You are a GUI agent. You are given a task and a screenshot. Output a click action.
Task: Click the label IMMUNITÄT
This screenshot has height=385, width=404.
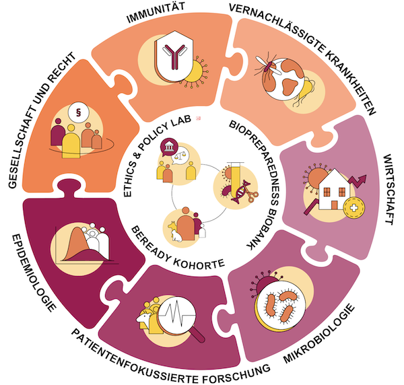(156, 12)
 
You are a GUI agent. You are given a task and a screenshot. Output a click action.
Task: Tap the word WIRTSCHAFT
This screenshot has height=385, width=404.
(389, 190)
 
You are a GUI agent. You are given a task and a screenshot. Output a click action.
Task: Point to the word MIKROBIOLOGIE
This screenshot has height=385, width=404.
(319, 334)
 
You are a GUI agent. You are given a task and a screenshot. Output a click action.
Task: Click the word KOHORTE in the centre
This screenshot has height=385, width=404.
(199, 262)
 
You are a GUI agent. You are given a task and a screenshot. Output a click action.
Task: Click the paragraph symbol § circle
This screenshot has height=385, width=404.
(79, 112)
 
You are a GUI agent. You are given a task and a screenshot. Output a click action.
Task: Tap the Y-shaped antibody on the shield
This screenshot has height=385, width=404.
(175, 56)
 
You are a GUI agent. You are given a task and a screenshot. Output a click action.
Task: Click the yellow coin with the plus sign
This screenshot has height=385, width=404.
(354, 208)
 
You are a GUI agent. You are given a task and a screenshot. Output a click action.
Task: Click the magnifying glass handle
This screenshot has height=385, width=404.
(197, 335)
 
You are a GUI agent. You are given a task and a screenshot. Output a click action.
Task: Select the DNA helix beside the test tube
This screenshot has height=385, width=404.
(241, 192)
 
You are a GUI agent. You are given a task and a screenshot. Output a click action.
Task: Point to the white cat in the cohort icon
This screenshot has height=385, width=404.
(176, 235)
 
